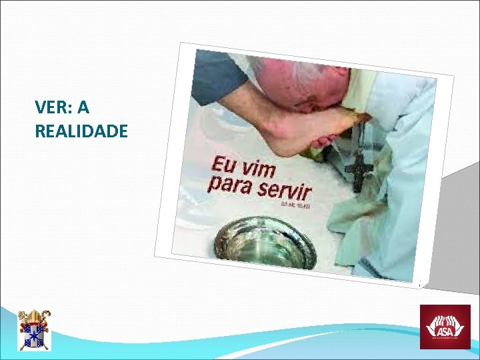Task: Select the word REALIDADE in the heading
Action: [81, 131]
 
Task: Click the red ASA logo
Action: [444, 327]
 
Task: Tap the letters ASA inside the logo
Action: [444, 329]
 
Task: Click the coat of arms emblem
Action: [33, 329]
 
